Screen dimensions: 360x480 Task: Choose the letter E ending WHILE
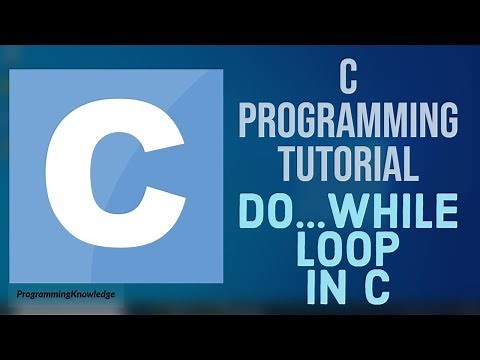pos(446,212)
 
